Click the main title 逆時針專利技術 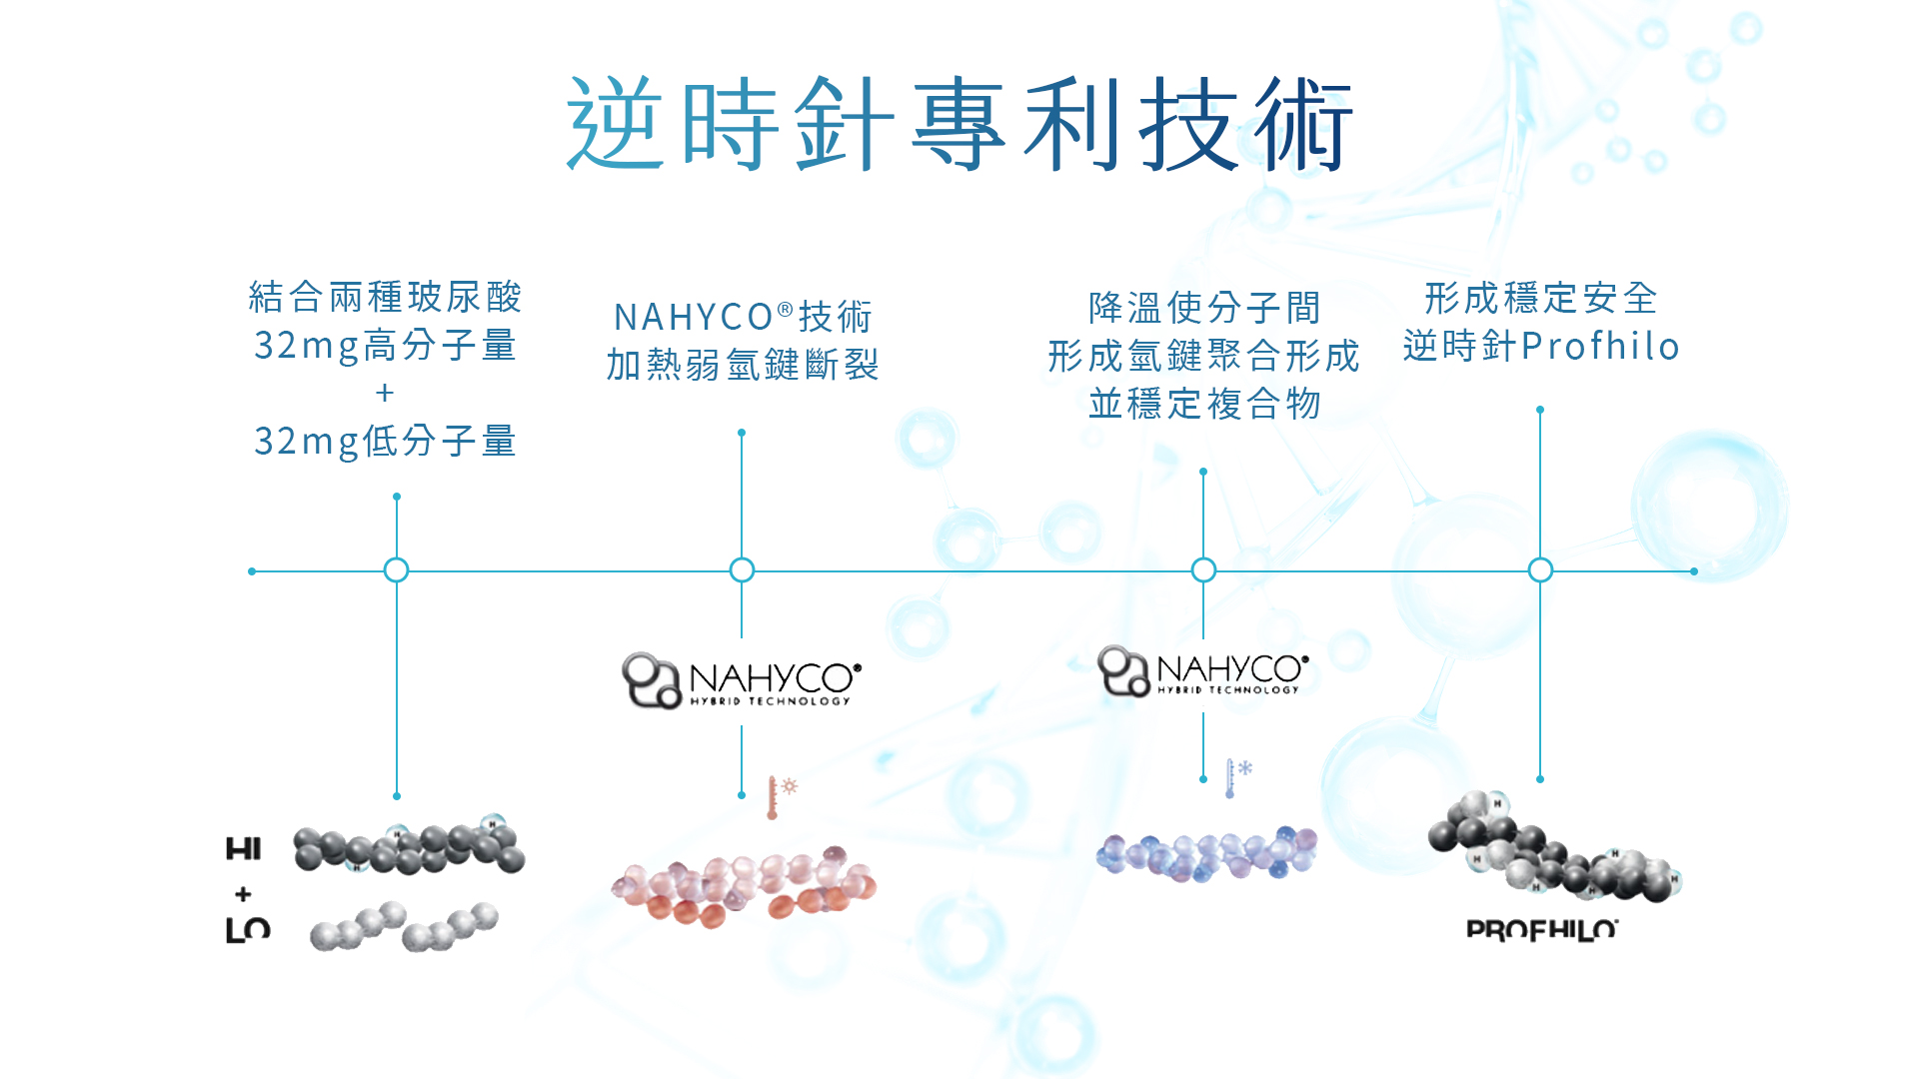coord(959,125)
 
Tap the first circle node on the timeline coord(397,570)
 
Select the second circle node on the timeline coord(742,570)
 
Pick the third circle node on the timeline coord(1203,570)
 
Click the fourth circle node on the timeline coord(1540,570)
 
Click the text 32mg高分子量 coord(385,346)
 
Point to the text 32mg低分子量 coord(385,441)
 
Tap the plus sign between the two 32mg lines coord(385,394)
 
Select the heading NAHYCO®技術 coord(742,317)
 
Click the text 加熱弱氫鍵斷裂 coord(742,365)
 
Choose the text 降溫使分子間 coord(1204,308)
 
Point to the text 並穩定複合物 coord(1204,404)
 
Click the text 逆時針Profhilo coord(1540,346)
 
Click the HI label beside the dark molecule coord(243,849)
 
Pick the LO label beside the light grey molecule coord(247,930)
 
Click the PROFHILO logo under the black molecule coord(1541,930)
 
